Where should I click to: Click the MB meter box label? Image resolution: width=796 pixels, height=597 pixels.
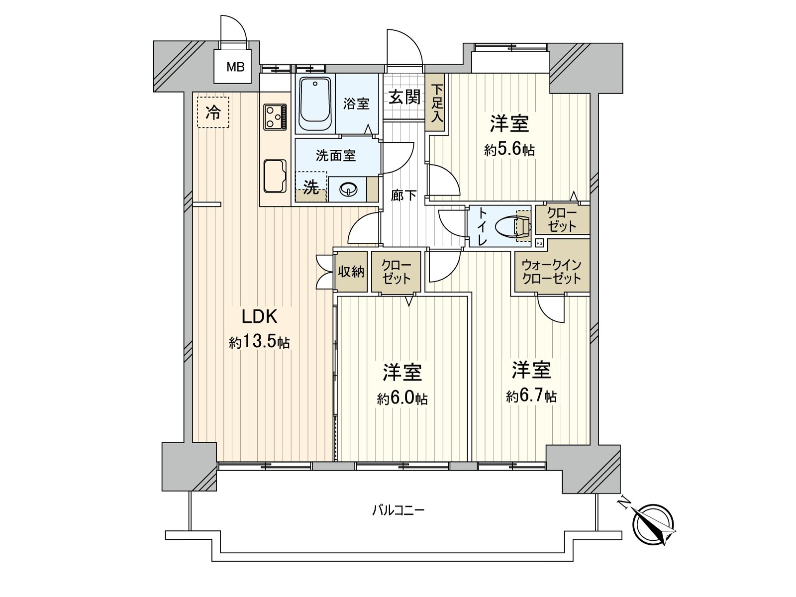tap(235, 66)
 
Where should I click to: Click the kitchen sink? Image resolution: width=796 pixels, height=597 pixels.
tap(275, 176)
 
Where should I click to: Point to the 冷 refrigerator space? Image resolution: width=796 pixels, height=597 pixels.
tap(213, 112)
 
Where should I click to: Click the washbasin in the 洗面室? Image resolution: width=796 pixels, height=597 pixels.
tap(348, 189)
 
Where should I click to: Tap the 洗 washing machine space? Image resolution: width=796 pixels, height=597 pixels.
tap(311, 187)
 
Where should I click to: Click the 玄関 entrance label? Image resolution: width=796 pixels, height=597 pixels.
tap(404, 97)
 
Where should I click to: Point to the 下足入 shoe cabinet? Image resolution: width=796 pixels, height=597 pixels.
tap(437, 103)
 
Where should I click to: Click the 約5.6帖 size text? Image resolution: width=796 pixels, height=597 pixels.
tap(509, 150)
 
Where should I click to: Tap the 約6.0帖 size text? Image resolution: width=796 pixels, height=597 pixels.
tap(402, 398)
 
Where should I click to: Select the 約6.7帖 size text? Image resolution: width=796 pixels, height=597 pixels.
tap(531, 397)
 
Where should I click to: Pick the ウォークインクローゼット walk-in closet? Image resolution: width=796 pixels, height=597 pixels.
tap(552, 272)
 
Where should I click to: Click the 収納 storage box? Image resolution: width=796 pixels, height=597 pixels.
tap(351, 272)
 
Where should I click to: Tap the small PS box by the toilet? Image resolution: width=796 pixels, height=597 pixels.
tap(539, 243)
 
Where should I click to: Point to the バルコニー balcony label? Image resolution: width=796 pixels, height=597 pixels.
tap(398, 510)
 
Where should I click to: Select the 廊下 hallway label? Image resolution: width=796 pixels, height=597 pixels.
tap(403, 196)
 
